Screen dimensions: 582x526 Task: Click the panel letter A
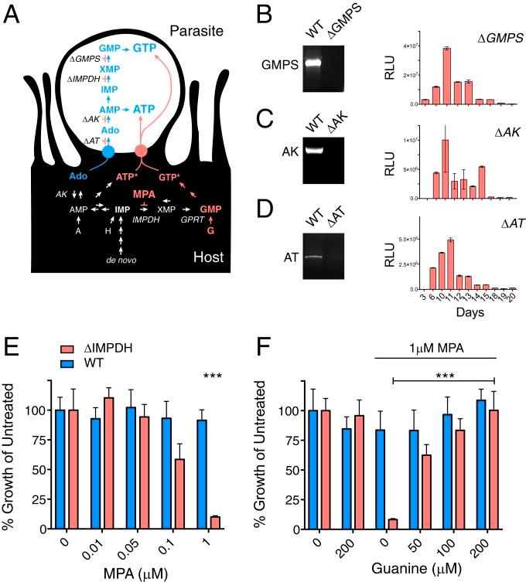click(x=17, y=16)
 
